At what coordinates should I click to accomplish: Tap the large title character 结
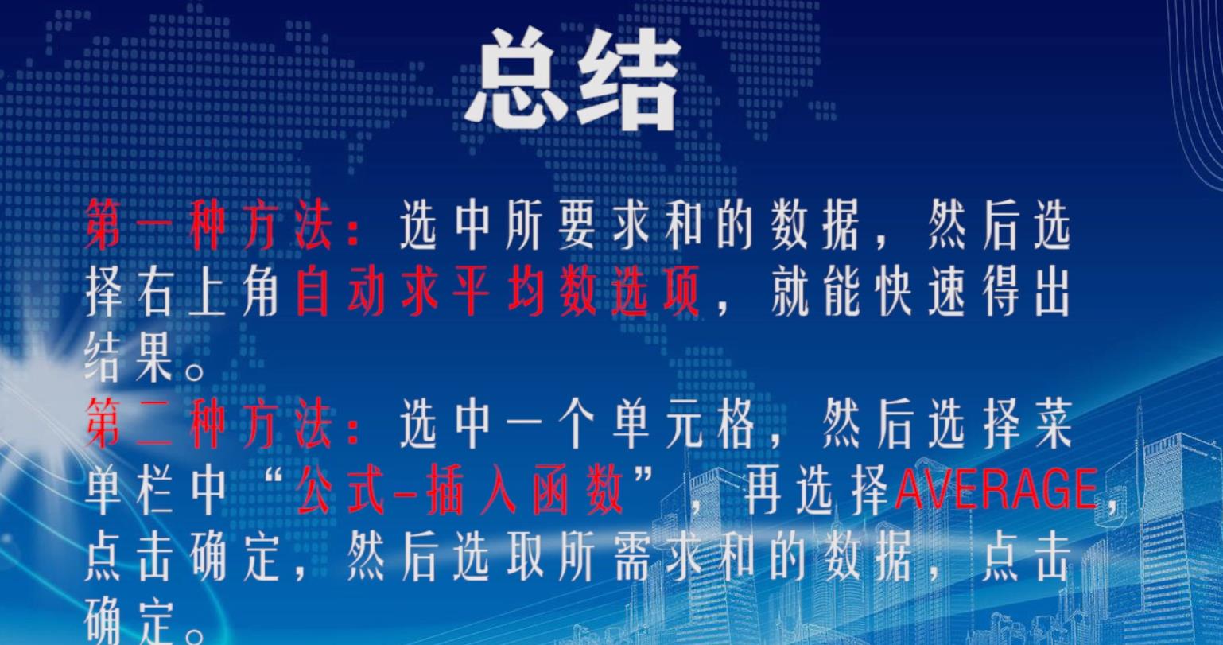tap(628, 79)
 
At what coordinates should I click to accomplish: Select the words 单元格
tap(682, 424)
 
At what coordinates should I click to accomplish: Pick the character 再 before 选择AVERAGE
tap(763, 491)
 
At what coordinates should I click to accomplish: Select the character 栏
tap(155, 491)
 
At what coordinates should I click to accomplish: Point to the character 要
tap(577, 224)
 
